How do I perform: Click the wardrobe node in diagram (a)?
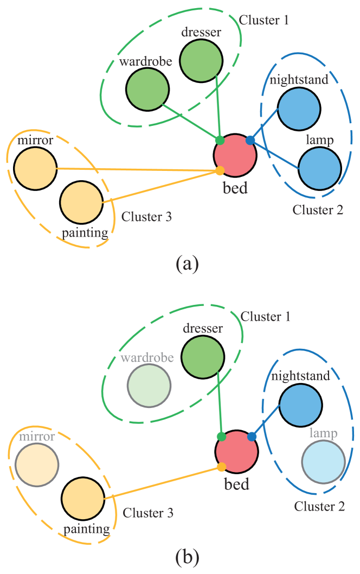(x=147, y=89)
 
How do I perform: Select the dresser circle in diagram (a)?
(x=201, y=60)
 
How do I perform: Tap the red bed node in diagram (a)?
(x=235, y=155)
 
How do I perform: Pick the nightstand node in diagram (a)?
(x=299, y=109)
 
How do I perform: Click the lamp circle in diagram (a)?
(x=319, y=168)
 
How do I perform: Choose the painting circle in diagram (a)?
(x=81, y=202)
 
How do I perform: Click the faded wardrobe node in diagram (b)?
(x=149, y=386)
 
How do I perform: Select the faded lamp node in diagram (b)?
(x=323, y=462)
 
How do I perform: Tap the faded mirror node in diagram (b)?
(x=37, y=465)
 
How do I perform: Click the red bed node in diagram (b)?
(x=236, y=452)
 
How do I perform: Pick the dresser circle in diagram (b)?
(x=202, y=357)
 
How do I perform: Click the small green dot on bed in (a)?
(x=220, y=141)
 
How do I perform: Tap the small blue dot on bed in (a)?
(x=250, y=141)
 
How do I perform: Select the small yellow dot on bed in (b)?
(x=221, y=467)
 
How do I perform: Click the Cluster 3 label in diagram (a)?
(x=146, y=217)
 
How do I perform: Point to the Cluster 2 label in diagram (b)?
(x=319, y=506)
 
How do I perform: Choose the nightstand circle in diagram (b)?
(x=300, y=405)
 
